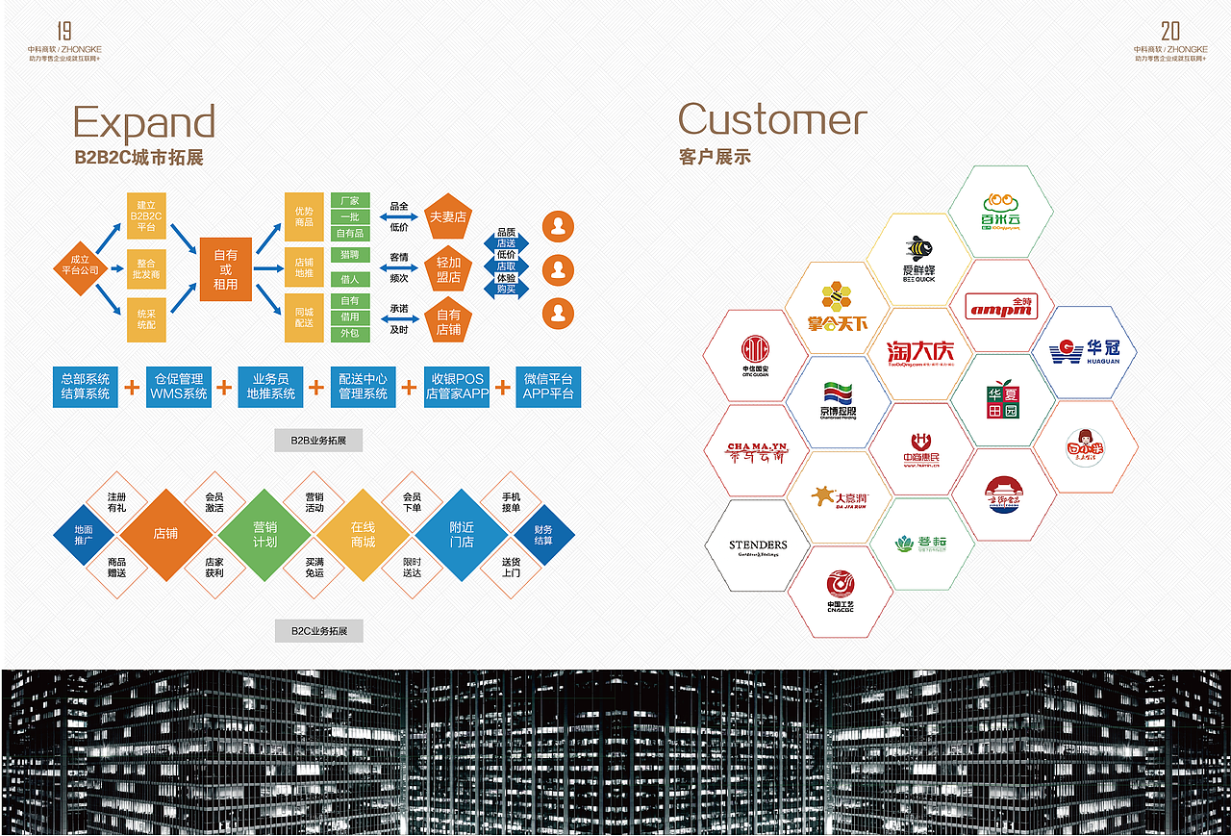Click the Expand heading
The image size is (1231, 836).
(144, 123)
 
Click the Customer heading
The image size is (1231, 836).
(772, 119)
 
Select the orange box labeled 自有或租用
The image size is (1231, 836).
(225, 269)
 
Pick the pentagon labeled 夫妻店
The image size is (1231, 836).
(448, 217)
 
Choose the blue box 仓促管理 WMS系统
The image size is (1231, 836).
(179, 387)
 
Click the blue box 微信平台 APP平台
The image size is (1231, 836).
(548, 387)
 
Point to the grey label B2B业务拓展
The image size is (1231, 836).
(318, 441)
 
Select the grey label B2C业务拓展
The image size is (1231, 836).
(318, 632)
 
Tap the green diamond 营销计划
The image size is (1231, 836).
(264, 535)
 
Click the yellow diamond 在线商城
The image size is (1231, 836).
(363, 535)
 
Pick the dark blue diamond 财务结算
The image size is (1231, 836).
(543, 535)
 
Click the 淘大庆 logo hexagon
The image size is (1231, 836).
(920, 353)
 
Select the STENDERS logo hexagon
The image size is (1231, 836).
(758, 545)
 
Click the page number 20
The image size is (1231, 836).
(1169, 30)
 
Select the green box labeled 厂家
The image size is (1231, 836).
(350, 201)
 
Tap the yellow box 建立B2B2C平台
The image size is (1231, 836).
(146, 216)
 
